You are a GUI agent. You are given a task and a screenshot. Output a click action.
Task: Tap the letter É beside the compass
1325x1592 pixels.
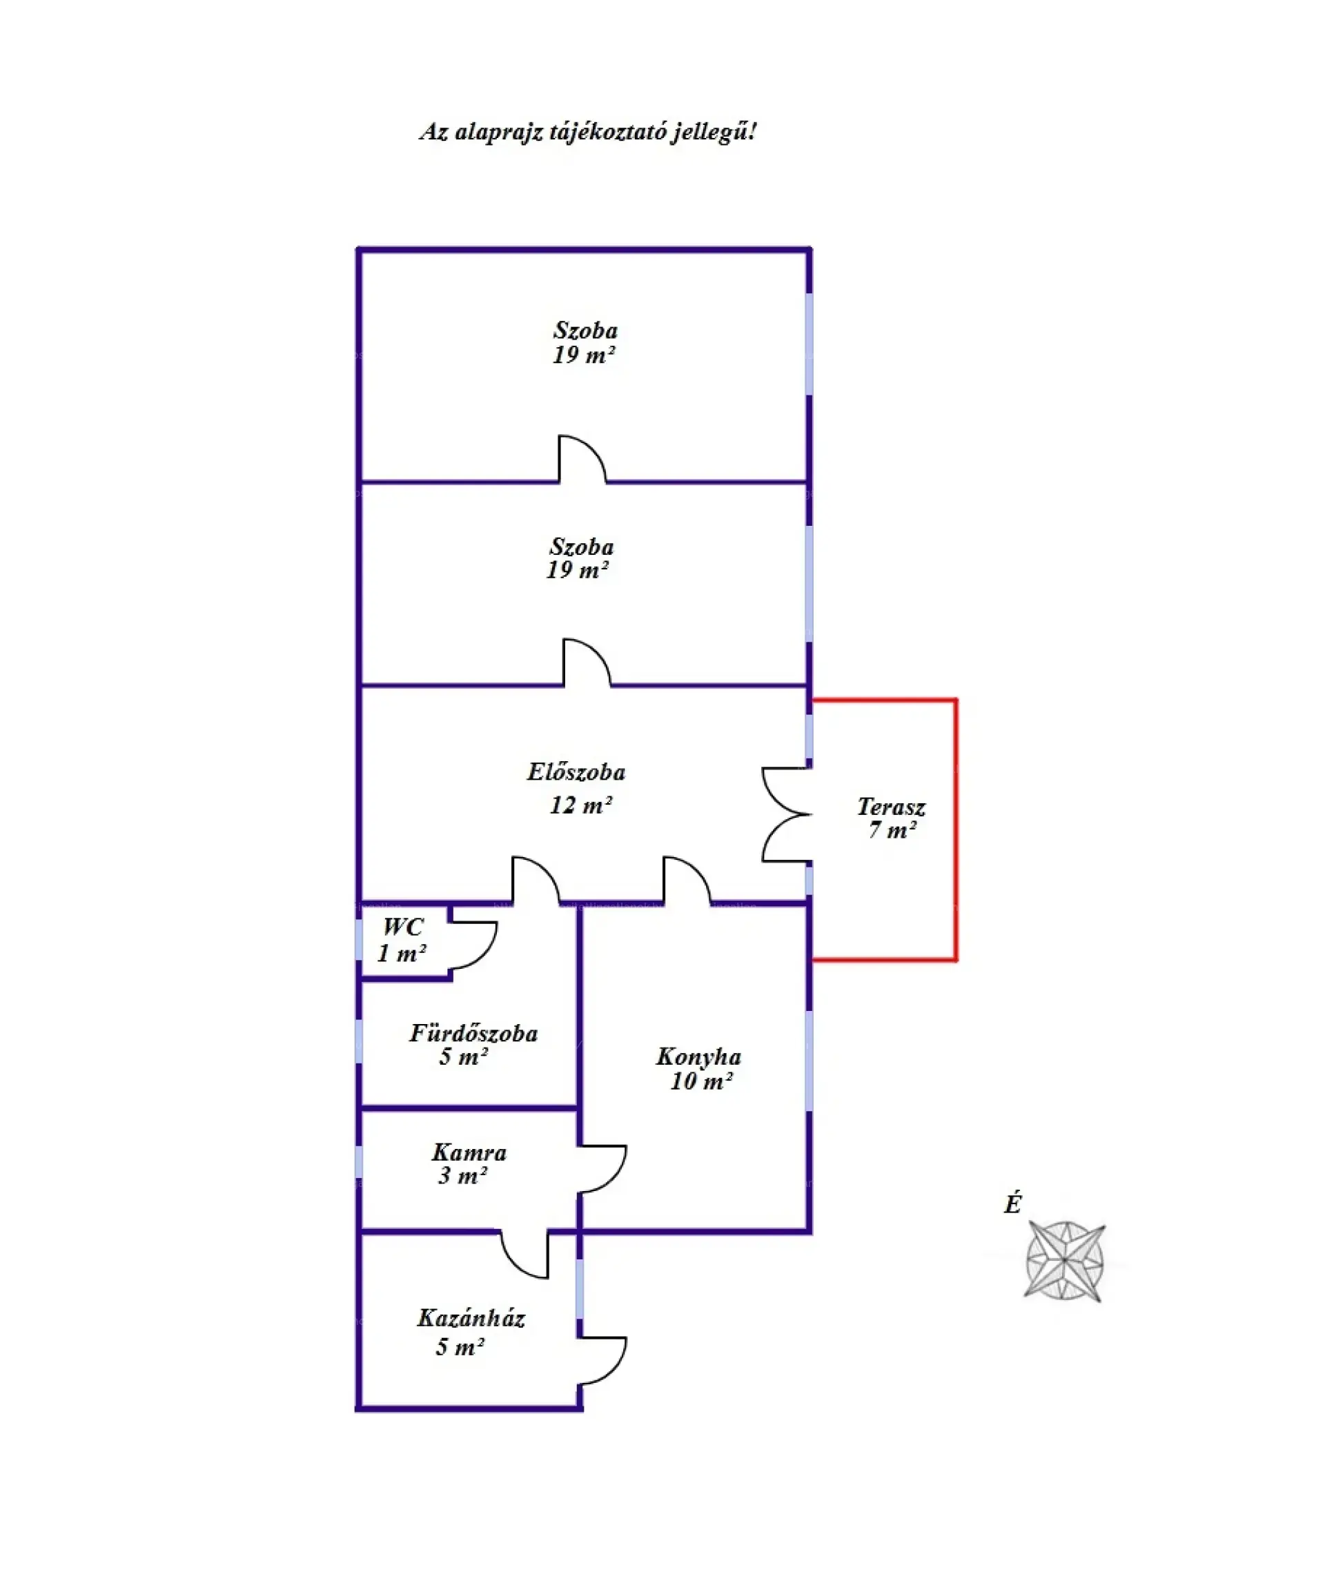(x=1012, y=1204)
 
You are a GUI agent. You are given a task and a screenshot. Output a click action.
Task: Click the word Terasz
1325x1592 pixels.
(x=891, y=806)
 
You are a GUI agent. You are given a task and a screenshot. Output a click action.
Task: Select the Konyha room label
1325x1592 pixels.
(x=698, y=1056)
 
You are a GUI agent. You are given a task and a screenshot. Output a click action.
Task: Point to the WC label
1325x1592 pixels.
(x=402, y=926)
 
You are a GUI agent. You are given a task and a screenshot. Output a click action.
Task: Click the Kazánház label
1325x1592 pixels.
(x=471, y=1317)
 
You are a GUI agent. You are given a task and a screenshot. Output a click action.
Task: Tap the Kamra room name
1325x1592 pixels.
(x=469, y=1152)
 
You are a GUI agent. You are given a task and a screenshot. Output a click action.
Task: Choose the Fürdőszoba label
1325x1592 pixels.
(x=473, y=1032)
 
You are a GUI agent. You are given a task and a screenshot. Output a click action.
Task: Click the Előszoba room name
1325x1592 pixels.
(x=576, y=772)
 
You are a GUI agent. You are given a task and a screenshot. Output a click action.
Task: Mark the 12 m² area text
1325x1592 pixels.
(x=580, y=805)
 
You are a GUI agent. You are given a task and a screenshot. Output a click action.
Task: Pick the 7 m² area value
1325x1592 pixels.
(x=892, y=830)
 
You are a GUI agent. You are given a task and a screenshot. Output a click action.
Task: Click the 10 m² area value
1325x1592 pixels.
(x=700, y=1081)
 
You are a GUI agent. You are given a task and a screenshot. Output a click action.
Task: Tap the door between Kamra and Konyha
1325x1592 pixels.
(x=603, y=1168)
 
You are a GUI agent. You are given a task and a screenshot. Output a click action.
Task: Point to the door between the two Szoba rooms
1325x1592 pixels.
(x=582, y=460)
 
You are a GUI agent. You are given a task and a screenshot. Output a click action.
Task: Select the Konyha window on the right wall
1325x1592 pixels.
(x=809, y=1061)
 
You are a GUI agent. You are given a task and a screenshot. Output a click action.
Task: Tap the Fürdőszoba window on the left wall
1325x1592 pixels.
(x=359, y=1041)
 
